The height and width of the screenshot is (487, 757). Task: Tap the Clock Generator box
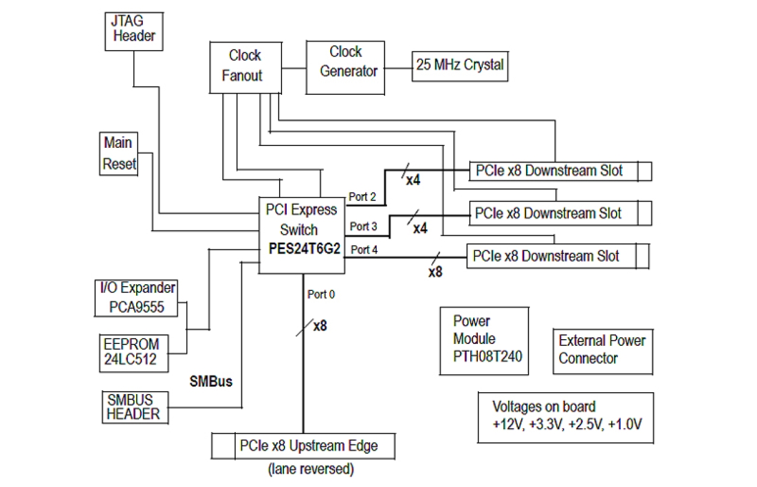[345, 66]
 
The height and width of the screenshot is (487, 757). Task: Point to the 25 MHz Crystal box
[459, 65]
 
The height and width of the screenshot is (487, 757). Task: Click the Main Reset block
[119, 153]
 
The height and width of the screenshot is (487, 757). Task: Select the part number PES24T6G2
[300, 249]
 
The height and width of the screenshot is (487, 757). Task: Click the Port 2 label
[362, 197]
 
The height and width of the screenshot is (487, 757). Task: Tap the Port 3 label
[363, 226]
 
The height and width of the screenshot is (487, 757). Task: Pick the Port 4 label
[364, 249]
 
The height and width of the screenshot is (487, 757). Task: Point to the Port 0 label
[321, 294]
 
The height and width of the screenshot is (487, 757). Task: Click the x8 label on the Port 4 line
[435, 272]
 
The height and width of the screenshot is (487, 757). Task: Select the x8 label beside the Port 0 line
[320, 326]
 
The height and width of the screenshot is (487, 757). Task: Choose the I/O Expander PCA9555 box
[137, 298]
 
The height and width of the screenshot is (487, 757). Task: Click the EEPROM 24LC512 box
[132, 353]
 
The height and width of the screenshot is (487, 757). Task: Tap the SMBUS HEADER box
[133, 407]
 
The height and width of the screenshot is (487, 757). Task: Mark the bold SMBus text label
[211, 381]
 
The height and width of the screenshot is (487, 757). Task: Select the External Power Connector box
[601, 349]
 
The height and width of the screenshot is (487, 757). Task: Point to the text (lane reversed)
[310, 468]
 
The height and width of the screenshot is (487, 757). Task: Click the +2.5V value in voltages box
[584, 424]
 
